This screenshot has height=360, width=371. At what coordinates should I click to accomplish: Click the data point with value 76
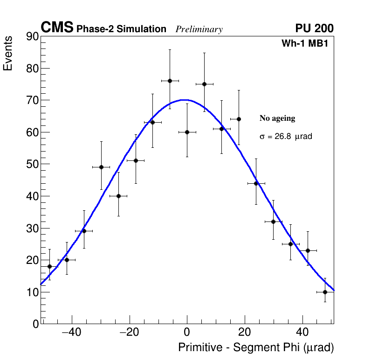tap(170, 81)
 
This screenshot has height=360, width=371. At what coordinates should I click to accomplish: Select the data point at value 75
tap(204, 84)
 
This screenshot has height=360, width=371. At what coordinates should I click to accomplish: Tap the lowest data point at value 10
tap(325, 292)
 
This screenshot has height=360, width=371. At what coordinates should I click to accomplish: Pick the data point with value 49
tap(101, 167)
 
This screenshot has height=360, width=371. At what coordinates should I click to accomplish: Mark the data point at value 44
tap(256, 183)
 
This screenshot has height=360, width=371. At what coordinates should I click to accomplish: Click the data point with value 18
tap(49, 266)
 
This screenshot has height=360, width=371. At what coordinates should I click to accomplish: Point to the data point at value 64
tap(239, 119)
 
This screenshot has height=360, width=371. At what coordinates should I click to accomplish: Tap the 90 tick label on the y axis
tap(32, 37)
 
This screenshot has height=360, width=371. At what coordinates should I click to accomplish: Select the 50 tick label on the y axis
tap(32, 165)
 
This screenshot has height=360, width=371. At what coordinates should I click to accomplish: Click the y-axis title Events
tap(8, 53)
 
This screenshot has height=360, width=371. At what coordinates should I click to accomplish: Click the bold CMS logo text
tap(57, 28)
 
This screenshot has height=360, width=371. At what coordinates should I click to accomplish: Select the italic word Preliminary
tap(199, 29)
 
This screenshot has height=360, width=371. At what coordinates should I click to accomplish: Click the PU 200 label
tap(314, 28)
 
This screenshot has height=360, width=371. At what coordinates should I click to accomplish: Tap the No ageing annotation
tap(277, 118)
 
